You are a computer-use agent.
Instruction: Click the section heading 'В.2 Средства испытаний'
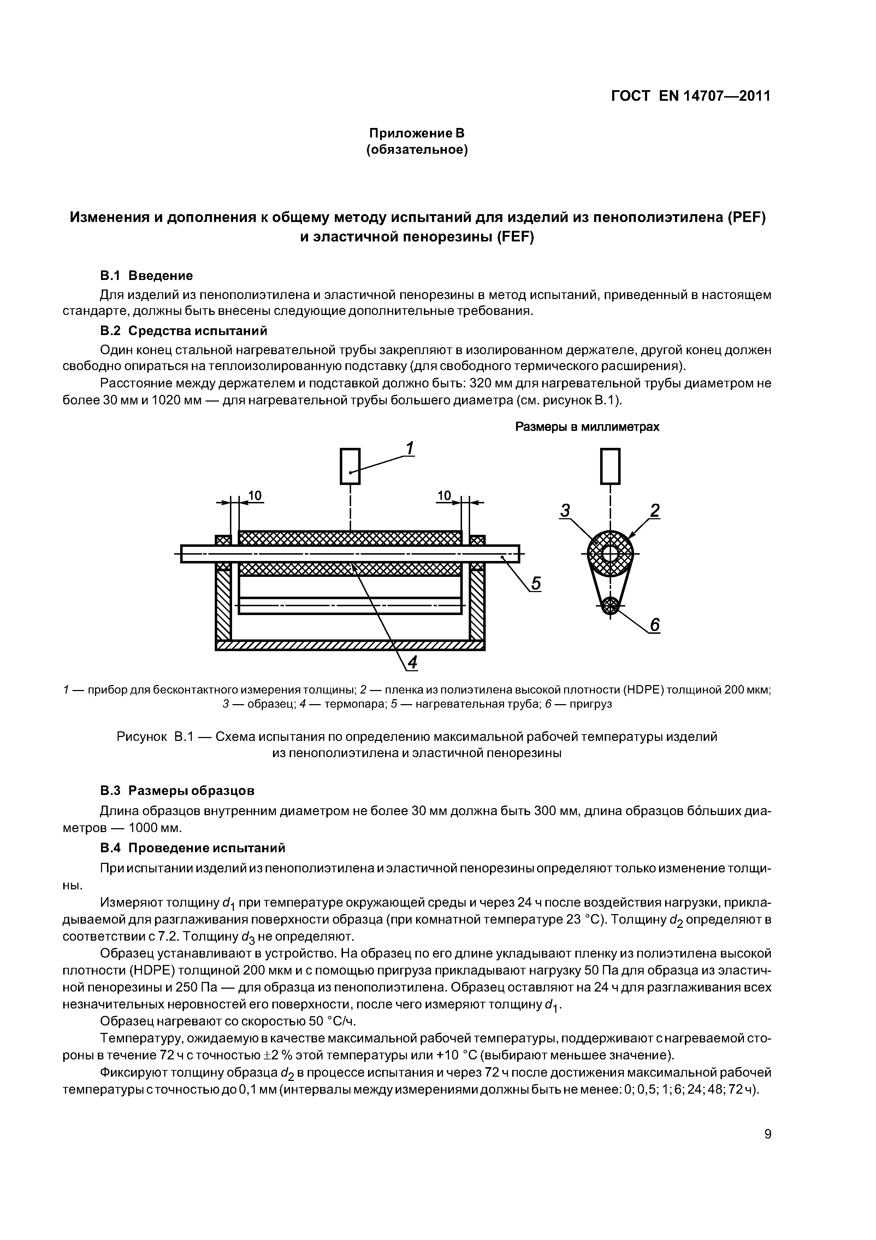tap(184, 331)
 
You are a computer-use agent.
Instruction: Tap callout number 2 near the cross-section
tap(655, 510)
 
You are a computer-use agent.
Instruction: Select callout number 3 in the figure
tap(565, 510)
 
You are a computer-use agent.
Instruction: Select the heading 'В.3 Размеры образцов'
tap(177, 791)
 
